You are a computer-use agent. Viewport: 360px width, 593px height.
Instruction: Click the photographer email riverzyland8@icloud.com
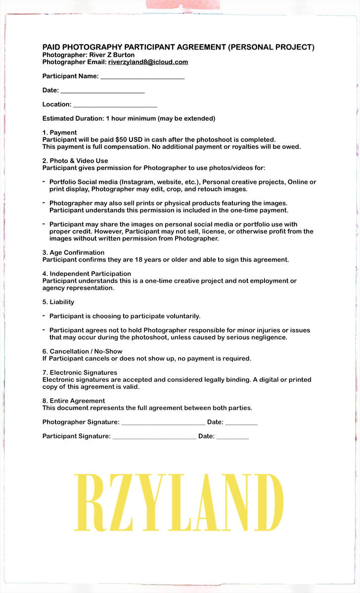point(148,62)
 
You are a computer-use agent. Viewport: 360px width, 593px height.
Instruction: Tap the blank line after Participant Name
point(142,78)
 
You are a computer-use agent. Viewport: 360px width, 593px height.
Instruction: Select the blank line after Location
point(115,106)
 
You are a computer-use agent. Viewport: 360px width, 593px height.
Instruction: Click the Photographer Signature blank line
point(163,423)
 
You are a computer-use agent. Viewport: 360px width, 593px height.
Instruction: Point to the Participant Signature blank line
point(154,438)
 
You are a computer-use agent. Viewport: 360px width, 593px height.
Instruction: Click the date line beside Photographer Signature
point(241,423)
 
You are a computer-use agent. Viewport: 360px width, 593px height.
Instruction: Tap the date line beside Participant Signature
point(232,438)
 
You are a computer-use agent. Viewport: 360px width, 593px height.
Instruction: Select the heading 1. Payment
point(59,133)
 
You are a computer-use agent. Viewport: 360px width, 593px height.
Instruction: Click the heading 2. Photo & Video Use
point(75,161)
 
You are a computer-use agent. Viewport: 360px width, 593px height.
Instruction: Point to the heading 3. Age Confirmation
point(73,253)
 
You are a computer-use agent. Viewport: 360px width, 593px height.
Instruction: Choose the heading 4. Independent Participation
point(87,274)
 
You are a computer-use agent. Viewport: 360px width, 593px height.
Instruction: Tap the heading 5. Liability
point(58,302)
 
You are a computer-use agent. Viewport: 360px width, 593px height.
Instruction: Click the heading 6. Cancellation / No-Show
point(82,352)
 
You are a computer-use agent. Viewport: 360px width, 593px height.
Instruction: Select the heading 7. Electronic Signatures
point(80,373)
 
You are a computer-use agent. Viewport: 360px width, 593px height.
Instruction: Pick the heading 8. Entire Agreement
point(74,401)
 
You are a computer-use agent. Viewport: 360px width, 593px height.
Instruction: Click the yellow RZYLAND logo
point(179,502)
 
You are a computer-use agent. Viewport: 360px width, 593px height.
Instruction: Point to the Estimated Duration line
point(129,119)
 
